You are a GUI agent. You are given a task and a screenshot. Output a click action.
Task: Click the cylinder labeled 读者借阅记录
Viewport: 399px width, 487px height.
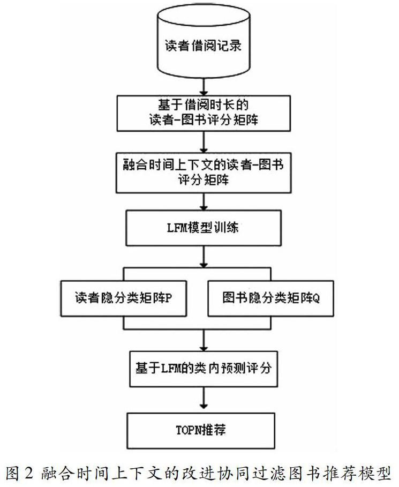(x=202, y=45)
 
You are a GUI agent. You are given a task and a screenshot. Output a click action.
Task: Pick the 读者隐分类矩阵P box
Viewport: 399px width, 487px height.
(x=124, y=298)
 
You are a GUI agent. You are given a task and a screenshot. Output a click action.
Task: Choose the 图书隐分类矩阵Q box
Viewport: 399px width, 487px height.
(x=270, y=298)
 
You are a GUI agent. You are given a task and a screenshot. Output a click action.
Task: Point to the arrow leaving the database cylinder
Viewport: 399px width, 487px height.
(x=202, y=86)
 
